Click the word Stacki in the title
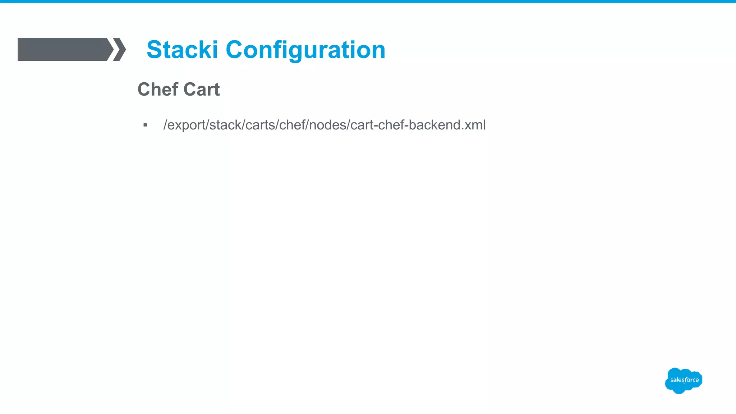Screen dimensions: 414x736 pos(182,50)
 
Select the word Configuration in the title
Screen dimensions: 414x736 pos(305,50)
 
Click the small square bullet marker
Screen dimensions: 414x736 pos(145,125)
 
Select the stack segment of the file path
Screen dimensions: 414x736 pos(225,125)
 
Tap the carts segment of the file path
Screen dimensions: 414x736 pos(260,125)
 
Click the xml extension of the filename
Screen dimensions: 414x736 pos(475,125)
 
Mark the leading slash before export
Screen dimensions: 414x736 pos(165,125)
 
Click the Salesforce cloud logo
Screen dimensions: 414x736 pos(684,380)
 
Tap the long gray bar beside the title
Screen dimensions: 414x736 pos(63,49)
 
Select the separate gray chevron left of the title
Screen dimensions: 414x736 pos(120,49)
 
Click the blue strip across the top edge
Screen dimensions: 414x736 pos(368,1)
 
